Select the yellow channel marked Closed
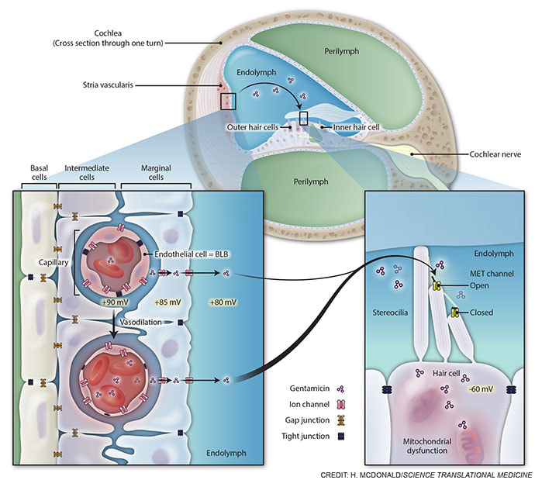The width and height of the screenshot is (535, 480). (x=455, y=313)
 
